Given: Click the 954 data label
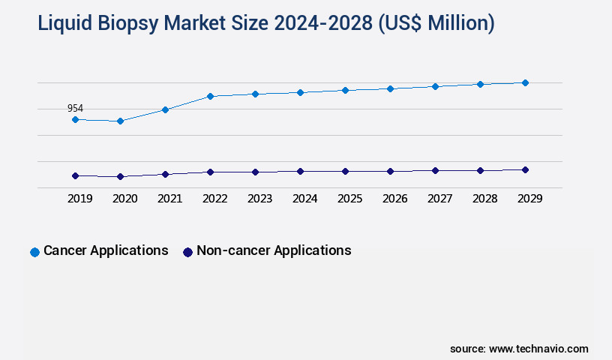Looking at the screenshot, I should tap(75, 109).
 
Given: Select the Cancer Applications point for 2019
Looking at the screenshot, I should tap(75, 119).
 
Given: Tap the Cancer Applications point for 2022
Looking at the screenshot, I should tap(210, 96).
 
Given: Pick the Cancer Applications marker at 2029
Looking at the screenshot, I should tap(525, 82).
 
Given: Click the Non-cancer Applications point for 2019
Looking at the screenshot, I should tap(75, 175).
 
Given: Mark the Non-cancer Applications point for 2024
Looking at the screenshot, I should tap(300, 171).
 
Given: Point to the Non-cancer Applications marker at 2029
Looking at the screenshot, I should tap(525, 169).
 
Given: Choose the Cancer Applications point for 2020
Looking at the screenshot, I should tap(120, 121).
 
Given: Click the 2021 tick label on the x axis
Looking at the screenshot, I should tap(169, 199).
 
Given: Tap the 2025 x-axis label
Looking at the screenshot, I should tap(349, 199).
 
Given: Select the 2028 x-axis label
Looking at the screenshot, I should tap(484, 199).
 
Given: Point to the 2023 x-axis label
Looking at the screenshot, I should tap(259, 199).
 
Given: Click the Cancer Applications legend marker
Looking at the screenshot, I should tap(34, 252).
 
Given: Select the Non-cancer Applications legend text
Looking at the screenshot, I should tap(274, 250).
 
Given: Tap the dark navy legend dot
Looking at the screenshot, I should tap(187, 252).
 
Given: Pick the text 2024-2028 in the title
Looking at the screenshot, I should tap(324, 24).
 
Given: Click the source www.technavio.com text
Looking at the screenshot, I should tap(519, 349).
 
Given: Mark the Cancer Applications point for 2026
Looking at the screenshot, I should tap(390, 88).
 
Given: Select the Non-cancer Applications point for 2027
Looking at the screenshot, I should tap(435, 170).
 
